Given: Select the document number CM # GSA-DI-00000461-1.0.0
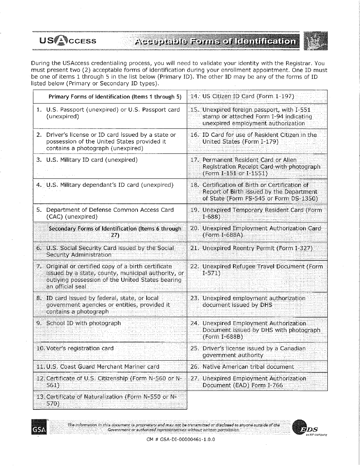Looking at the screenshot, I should tap(180, 440).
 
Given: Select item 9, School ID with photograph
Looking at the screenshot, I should tap(83, 323).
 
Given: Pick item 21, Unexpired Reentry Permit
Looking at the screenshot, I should tap(257, 248).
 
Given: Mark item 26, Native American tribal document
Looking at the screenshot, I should tap(248, 367).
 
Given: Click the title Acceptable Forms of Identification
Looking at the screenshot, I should tap(216, 41).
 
